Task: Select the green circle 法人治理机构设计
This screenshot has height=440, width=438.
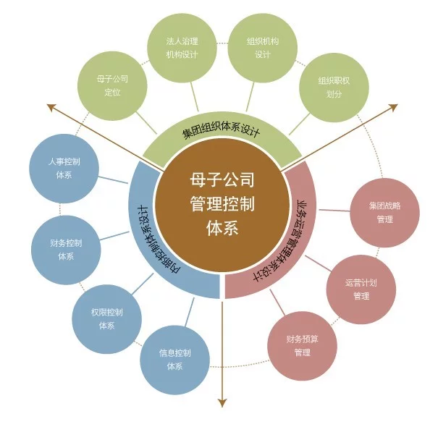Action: (x=182, y=48)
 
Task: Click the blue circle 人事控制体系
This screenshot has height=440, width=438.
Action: (x=65, y=168)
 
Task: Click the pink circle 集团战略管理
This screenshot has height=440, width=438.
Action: (x=384, y=211)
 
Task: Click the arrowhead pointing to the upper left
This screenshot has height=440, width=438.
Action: (x=52, y=108)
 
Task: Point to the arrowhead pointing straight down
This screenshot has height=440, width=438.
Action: (x=222, y=402)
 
